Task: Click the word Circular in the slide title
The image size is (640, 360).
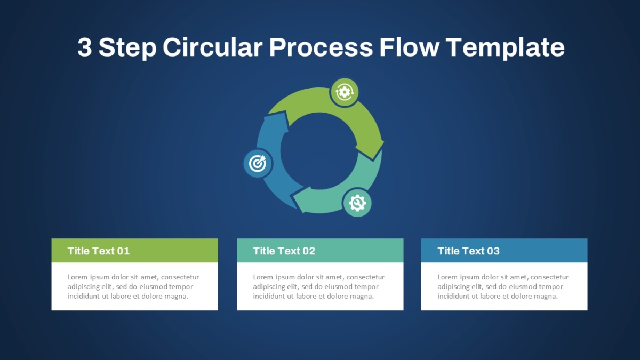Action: point(213,47)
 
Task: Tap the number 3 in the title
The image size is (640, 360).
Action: point(85,47)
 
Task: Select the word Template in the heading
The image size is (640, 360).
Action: point(505,48)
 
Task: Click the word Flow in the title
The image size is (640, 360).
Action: point(409,47)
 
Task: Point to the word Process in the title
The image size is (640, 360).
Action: point(321,47)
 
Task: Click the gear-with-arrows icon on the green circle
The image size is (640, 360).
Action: point(345,92)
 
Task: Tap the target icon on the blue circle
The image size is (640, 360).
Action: point(258,163)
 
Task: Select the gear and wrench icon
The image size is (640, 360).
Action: point(357,203)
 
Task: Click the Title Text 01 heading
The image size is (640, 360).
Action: point(99,251)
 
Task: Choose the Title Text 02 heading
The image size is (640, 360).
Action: point(284,251)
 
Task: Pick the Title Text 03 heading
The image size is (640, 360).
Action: point(469,251)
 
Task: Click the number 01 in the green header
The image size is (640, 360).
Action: point(123,251)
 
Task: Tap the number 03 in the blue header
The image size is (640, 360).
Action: point(493,251)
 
